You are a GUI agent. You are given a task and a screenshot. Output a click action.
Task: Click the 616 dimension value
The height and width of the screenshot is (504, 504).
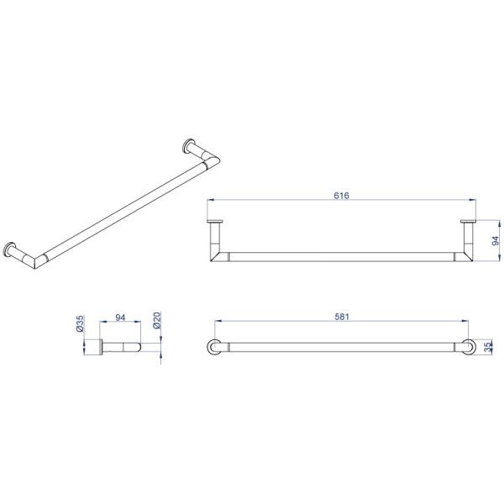pyautogui.click(x=341, y=195)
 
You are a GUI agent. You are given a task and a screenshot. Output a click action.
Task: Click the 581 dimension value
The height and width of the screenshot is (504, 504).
pyautogui.click(x=342, y=317)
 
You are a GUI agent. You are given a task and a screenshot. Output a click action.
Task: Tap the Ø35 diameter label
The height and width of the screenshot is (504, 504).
pyautogui.click(x=80, y=323)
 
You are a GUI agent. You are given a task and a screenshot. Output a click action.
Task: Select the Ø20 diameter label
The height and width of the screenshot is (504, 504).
pyautogui.click(x=157, y=321)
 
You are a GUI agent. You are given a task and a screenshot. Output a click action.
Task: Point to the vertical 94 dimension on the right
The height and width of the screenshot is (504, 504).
pyautogui.click(x=496, y=241)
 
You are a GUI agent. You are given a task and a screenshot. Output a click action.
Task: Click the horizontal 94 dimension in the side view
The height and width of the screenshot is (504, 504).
pyautogui.click(x=120, y=318)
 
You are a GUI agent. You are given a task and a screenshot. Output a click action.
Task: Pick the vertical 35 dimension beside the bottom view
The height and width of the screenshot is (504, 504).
pyautogui.click(x=488, y=347)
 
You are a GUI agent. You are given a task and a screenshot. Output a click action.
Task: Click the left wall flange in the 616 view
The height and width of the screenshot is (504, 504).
pyautogui.click(x=215, y=221)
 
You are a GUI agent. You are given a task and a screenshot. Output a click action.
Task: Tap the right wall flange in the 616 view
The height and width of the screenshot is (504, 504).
pyautogui.click(x=469, y=221)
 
